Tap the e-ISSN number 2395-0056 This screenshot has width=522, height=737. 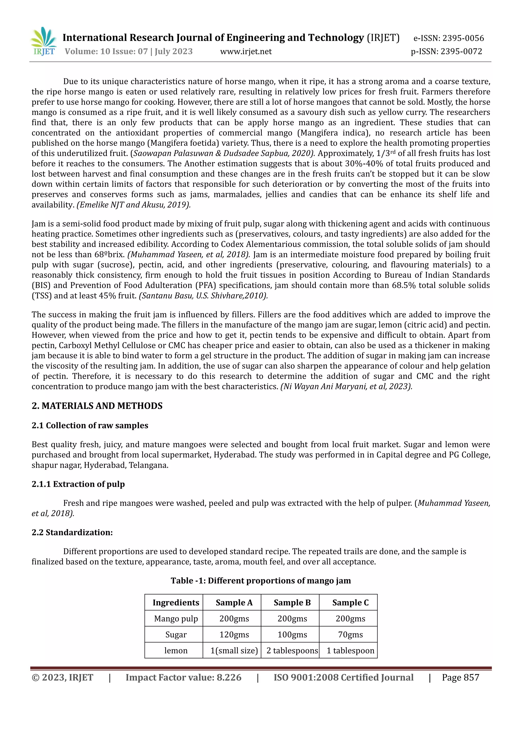coord(463,38)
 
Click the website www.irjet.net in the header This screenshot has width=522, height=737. coord(246,51)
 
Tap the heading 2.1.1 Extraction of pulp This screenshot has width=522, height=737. coord(78,484)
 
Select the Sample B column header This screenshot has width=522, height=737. coord(292,603)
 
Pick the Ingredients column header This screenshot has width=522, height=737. coord(176,603)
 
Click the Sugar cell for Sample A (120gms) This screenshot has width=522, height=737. coord(234,635)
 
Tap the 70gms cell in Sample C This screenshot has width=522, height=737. coord(350,635)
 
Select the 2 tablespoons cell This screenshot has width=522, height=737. coord(292,651)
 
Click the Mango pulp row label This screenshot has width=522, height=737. coord(176,619)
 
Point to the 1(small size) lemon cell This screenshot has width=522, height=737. coord(234,651)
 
